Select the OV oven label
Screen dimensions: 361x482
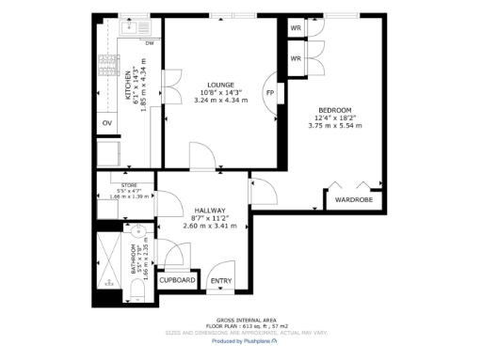106,121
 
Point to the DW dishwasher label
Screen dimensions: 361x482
149,43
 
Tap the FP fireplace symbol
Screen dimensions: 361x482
270,93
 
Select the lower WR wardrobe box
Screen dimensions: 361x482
296,58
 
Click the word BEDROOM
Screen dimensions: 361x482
333,108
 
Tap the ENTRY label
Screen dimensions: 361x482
220,280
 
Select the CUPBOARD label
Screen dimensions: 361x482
177,280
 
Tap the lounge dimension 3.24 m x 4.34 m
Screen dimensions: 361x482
218,101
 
